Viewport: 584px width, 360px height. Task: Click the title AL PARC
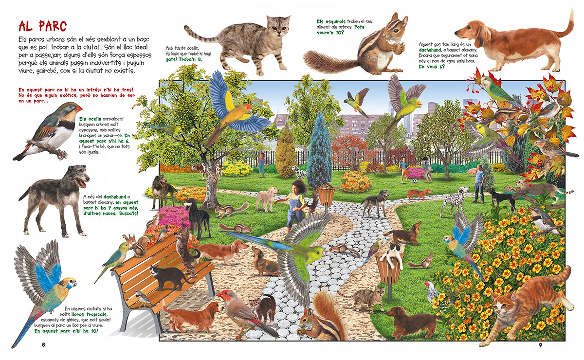coord(42,26)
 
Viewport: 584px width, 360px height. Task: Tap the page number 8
coord(43,345)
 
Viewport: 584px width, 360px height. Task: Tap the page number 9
coord(541,345)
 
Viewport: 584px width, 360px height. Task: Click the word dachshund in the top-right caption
coord(430,50)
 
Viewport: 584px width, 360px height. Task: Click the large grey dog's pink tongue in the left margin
coord(82,184)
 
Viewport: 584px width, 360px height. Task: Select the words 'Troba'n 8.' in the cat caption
coord(190,59)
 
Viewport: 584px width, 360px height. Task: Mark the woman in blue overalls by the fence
coord(262,164)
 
